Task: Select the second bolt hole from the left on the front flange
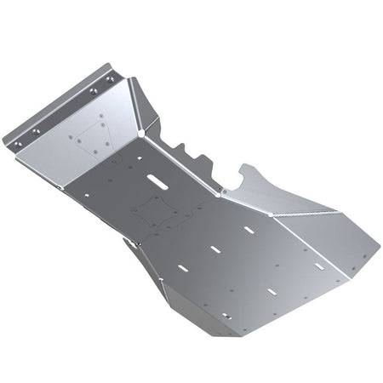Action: (36, 130)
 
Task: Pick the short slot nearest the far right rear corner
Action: (319, 266)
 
